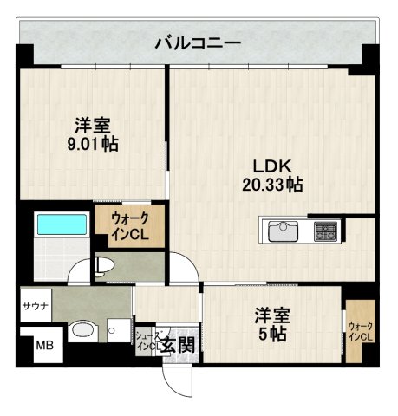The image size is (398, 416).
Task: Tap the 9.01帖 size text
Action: click(93, 144)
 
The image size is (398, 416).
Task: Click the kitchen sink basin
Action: click(284, 231)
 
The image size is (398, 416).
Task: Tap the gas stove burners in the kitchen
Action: click(325, 231)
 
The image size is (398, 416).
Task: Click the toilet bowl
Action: click(103, 264)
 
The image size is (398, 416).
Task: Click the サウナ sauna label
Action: click(36, 307)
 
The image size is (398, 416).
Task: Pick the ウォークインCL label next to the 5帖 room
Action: click(360, 331)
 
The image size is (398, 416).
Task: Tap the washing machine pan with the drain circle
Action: click(115, 330)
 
